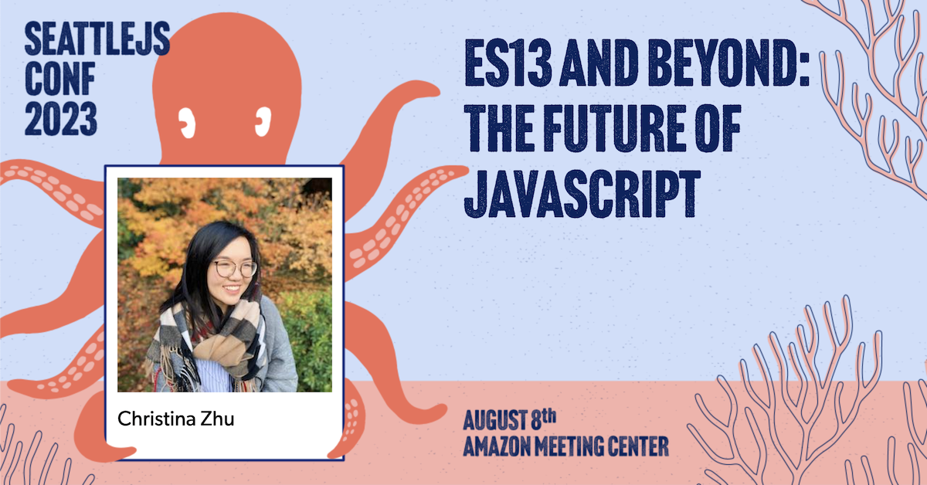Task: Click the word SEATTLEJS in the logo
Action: pyautogui.click(x=97, y=39)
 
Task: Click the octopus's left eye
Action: pyautogui.click(x=185, y=120)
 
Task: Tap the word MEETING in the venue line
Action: pyautogui.click(x=566, y=446)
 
